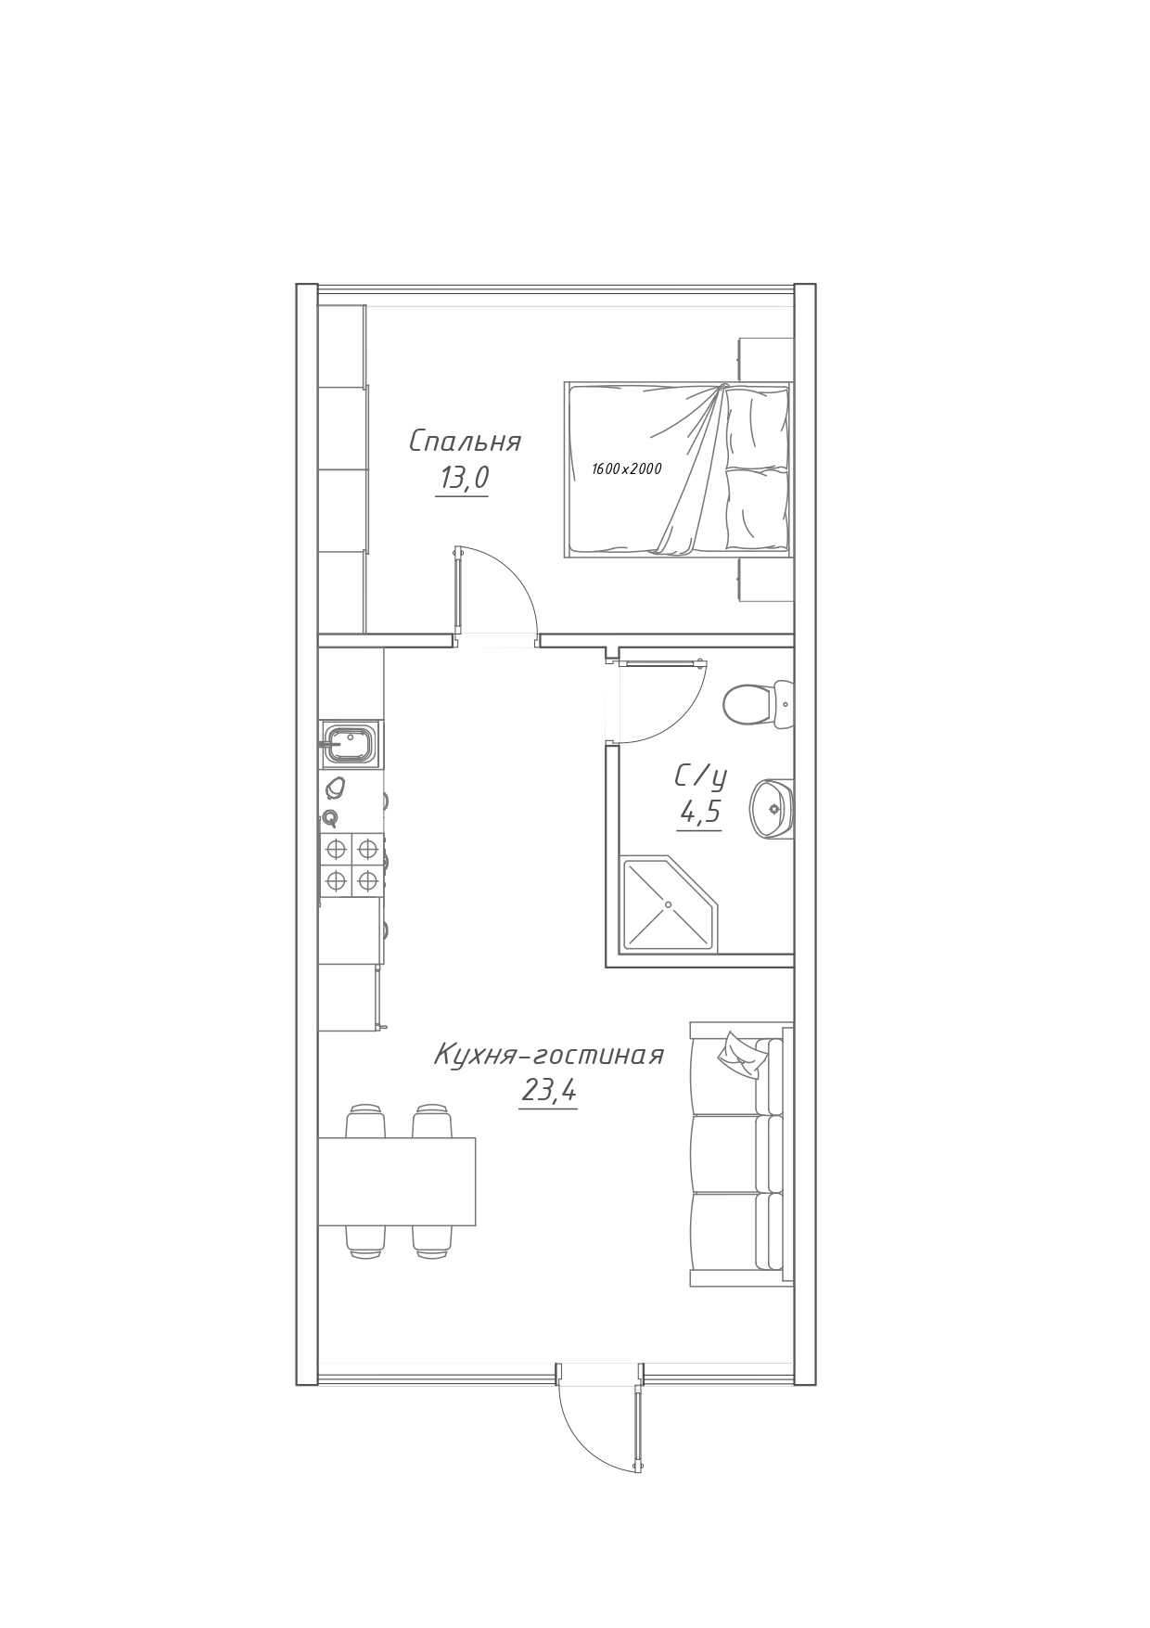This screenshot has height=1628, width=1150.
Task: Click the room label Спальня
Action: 465,442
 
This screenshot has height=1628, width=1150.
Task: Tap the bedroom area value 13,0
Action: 464,479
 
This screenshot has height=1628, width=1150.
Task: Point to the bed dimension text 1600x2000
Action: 627,469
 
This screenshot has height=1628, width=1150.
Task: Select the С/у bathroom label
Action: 700,776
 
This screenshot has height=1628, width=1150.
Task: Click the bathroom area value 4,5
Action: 700,813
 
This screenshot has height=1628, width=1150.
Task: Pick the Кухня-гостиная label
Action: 549,1055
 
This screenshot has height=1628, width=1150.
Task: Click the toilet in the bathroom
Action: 758,704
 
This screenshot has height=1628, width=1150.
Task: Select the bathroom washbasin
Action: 773,807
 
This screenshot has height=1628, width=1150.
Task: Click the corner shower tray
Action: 668,904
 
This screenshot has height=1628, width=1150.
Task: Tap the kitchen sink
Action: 349,744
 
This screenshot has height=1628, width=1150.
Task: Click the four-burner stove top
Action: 351,864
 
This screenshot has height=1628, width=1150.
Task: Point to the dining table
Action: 397,1181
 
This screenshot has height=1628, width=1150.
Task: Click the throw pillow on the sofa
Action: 740,1056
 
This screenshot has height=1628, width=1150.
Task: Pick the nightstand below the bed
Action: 766,580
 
